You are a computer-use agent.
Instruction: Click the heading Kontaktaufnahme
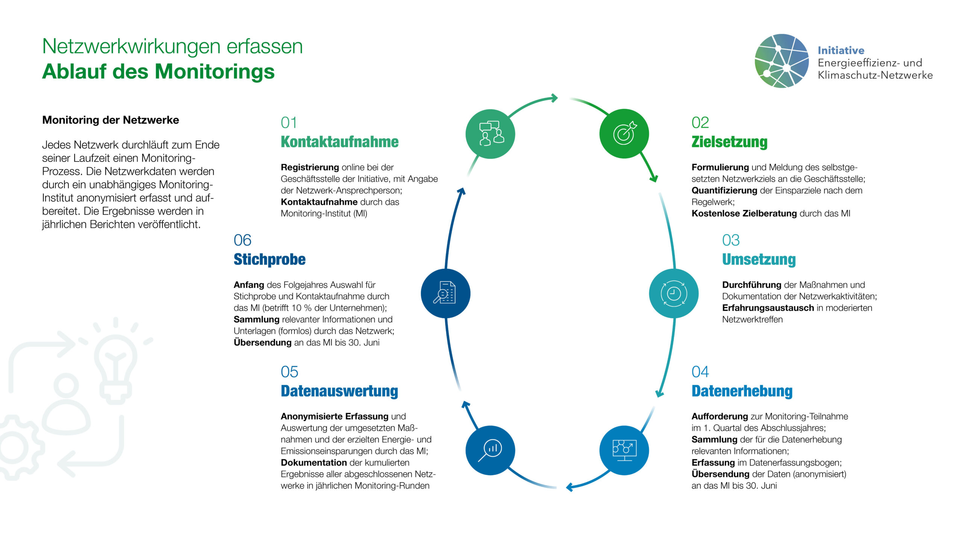click(339, 142)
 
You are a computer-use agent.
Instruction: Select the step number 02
click(700, 123)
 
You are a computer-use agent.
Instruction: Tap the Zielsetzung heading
click(729, 142)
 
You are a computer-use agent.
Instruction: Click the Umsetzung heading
click(759, 260)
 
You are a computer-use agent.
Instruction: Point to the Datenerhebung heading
click(742, 391)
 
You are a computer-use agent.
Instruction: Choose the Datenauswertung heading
click(339, 391)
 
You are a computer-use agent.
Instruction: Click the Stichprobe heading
click(269, 260)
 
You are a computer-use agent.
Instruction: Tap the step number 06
click(242, 240)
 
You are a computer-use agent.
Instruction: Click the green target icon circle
click(624, 134)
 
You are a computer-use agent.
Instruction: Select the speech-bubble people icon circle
click(491, 134)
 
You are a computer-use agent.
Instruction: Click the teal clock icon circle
click(674, 293)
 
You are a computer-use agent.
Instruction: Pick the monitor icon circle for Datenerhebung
click(624, 450)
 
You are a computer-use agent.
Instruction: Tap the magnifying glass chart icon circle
click(491, 450)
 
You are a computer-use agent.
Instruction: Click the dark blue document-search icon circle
click(446, 293)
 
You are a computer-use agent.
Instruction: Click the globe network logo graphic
click(782, 61)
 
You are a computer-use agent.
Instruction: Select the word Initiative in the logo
click(841, 50)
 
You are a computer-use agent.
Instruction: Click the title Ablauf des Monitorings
click(158, 72)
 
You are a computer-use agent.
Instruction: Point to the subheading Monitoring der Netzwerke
click(111, 120)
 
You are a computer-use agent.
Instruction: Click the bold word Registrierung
click(310, 167)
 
